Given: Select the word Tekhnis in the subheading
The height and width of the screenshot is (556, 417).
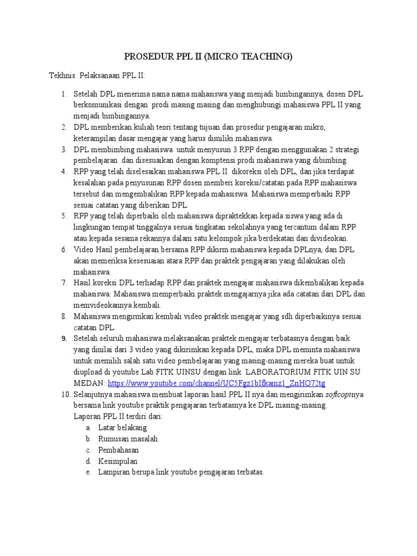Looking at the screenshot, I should [62, 75].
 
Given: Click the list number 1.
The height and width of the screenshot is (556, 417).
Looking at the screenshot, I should [63, 94].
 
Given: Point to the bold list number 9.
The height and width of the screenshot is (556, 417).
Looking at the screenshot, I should [63, 338].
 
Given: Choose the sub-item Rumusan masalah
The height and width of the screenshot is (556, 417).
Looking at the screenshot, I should [128, 439].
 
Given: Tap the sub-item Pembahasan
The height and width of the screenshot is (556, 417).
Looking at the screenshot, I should [118, 450].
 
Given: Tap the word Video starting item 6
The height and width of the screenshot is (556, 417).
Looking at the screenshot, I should [84, 249].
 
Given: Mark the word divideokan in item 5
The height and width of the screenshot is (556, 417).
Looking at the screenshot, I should [328, 238].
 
